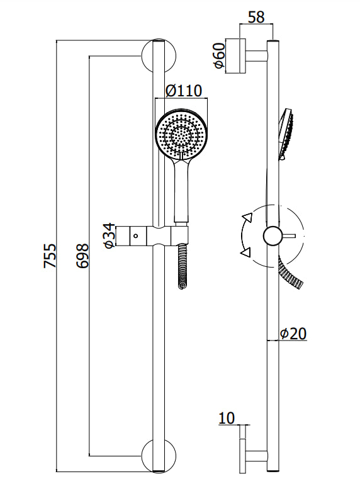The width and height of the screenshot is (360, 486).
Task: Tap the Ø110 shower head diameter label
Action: (184, 91)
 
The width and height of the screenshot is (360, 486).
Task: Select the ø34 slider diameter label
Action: (108, 235)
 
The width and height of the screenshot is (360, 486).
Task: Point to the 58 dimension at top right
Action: (256, 16)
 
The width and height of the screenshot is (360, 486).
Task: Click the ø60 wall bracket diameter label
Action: (219, 57)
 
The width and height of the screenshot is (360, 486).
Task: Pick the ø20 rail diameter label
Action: (293, 334)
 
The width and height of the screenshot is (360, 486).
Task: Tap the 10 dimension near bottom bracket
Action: (227, 417)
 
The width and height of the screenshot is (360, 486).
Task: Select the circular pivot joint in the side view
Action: (273, 235)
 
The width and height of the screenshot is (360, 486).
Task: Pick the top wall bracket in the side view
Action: (242, 57)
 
